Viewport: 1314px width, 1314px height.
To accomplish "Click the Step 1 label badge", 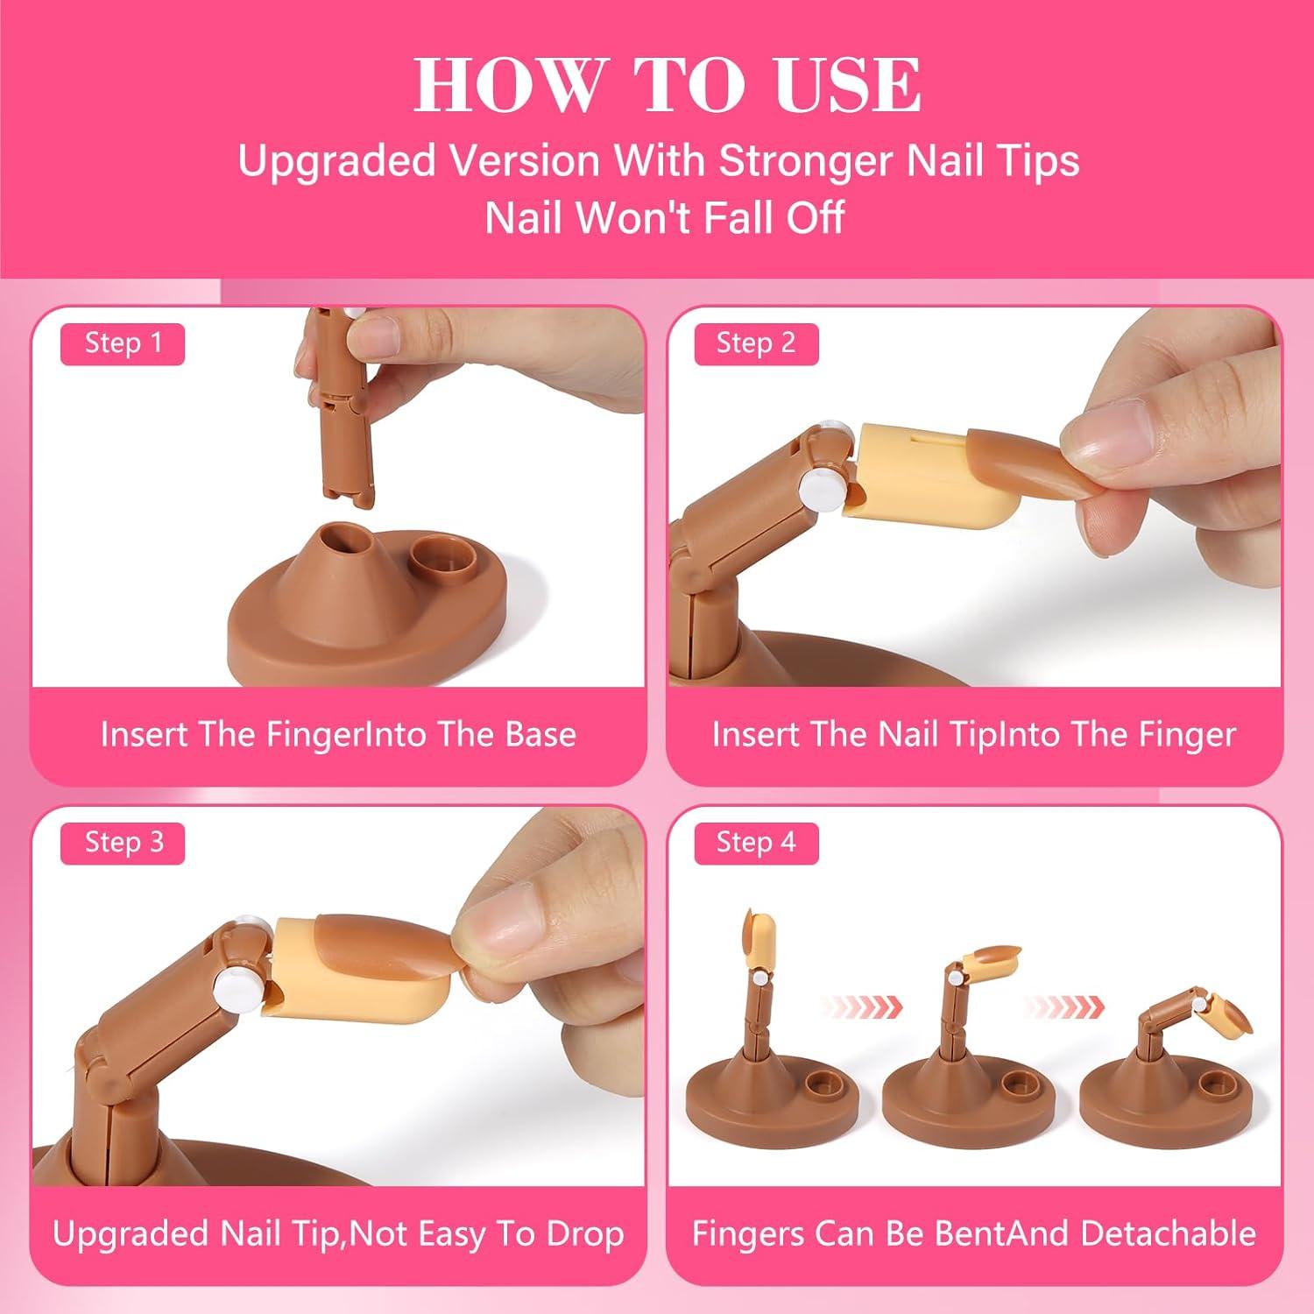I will (x=123, y=343).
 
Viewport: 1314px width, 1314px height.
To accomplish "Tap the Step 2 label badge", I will (x=756, y=343).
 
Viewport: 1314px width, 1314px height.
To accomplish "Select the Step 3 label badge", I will (x=123, y=843).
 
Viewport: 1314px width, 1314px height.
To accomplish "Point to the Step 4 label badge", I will (x=756, y=843).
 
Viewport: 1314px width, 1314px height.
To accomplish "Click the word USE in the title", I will (x=847, y=85).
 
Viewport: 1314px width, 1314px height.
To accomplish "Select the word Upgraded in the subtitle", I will (x=336, y=161).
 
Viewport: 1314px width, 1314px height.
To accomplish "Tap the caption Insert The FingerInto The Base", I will (x=338, y=734).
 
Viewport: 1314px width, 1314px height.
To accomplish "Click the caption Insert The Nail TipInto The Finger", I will (x=974, y=734).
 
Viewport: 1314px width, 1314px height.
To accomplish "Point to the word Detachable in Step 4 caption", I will (x=1169, y=1233).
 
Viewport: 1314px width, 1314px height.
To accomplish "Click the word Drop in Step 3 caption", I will (x=585, y=1233).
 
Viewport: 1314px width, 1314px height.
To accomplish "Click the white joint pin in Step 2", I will (x=822, y=483).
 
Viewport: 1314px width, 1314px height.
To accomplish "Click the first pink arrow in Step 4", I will (x=864, y=1002).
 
